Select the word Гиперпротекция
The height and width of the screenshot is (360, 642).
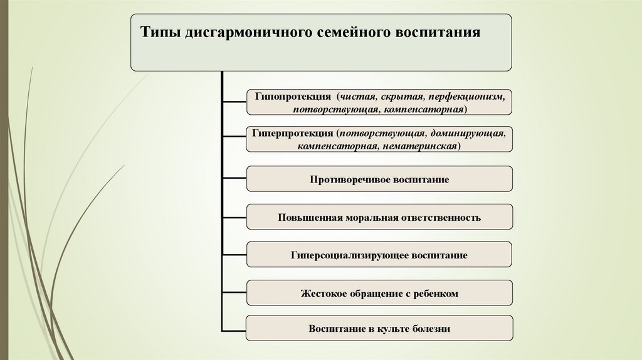292,134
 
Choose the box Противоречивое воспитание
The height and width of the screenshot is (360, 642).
379,179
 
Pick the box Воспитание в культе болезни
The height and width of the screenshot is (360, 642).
379,328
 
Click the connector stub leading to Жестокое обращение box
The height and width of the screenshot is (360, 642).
234,293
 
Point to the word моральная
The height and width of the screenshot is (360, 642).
368,218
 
